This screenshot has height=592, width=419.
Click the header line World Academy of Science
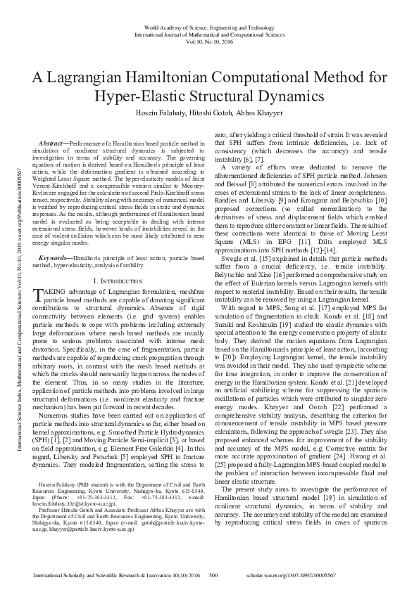[x=209, y=27]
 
